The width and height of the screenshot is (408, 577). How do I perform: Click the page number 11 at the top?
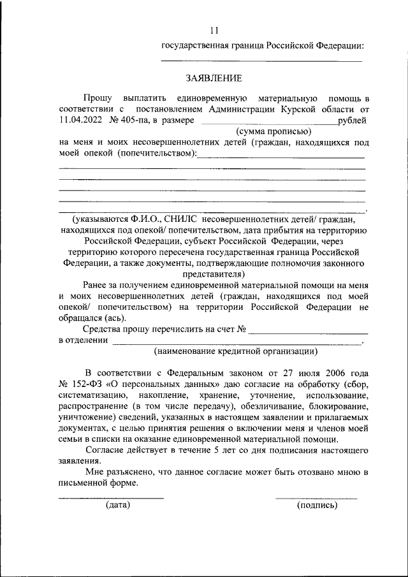[x=214, y=30]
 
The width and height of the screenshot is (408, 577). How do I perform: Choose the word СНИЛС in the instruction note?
[x=169, y=219]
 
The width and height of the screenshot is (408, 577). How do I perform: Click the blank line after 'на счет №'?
[x=309, y=332]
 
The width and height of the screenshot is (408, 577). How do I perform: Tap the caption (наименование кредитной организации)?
[x=235, y=351]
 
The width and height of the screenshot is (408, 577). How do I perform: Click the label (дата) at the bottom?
[x=118, y=505]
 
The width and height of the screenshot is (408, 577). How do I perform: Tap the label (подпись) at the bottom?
[x=317, y=505]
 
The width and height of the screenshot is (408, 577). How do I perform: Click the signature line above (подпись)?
[x=316, y=497]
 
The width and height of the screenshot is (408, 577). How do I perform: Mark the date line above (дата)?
[x=111, y=497]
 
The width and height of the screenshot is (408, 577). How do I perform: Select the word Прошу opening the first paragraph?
[x=98, y=98]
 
